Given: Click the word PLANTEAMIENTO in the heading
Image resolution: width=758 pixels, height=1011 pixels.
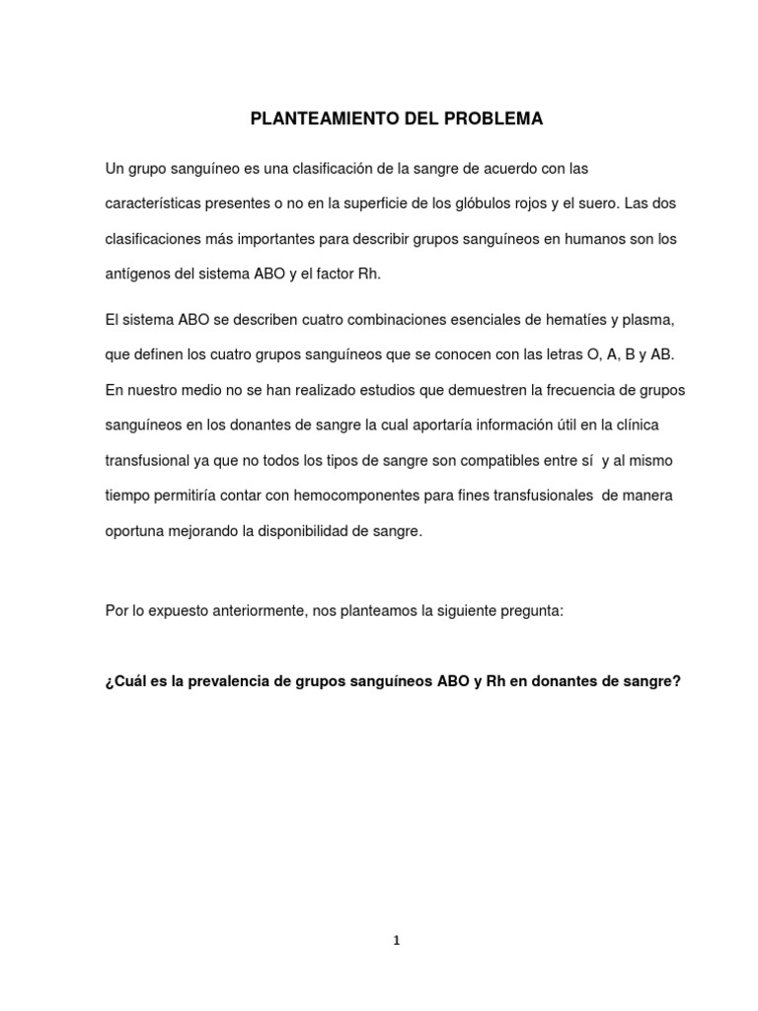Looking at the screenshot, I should click(x=313, y=119).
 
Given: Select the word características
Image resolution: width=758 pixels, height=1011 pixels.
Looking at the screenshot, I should click(x=155, y=203).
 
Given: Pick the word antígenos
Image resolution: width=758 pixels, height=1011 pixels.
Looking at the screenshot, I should click(x=138, y=274).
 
